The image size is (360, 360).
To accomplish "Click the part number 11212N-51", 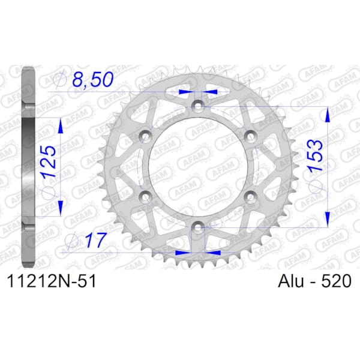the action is click(x=52, y=281).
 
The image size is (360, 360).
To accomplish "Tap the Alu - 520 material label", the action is click(x=314, y=281).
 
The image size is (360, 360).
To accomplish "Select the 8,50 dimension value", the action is click(x=93, y=79).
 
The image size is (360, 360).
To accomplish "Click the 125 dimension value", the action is click(x=49, y=161).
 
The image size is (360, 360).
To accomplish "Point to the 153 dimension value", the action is click(x=315, y=155).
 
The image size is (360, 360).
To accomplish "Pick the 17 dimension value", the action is click(x=96, y=240).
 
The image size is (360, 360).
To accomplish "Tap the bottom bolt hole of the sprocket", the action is click(x=198, y=227).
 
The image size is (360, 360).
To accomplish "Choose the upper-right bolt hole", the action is click(x=250, y=136).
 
